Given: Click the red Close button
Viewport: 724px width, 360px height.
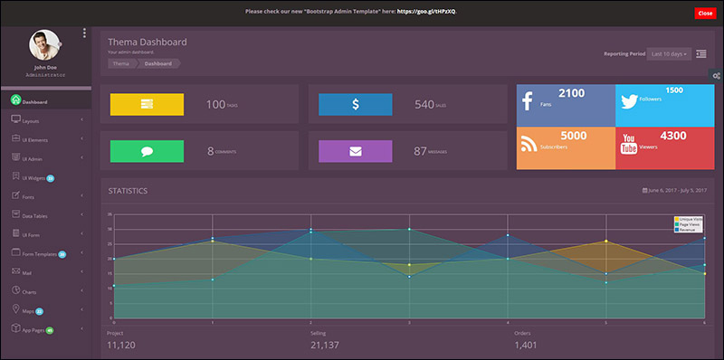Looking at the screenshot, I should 705,13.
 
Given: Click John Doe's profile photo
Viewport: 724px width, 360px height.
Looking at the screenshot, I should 44,45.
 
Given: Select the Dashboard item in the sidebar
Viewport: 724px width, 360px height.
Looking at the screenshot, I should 34,101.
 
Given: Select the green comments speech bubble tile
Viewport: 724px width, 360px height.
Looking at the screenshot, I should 147,151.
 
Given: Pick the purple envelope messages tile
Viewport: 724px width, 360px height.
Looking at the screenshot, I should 355,151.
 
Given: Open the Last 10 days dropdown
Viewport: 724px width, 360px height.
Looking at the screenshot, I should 669,53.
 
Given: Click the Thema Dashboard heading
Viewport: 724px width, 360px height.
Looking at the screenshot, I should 148,42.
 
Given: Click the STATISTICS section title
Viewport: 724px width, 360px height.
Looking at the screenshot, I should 128,191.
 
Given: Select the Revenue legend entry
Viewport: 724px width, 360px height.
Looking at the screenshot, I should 688,230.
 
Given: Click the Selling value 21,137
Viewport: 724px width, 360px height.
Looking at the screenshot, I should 324,346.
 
